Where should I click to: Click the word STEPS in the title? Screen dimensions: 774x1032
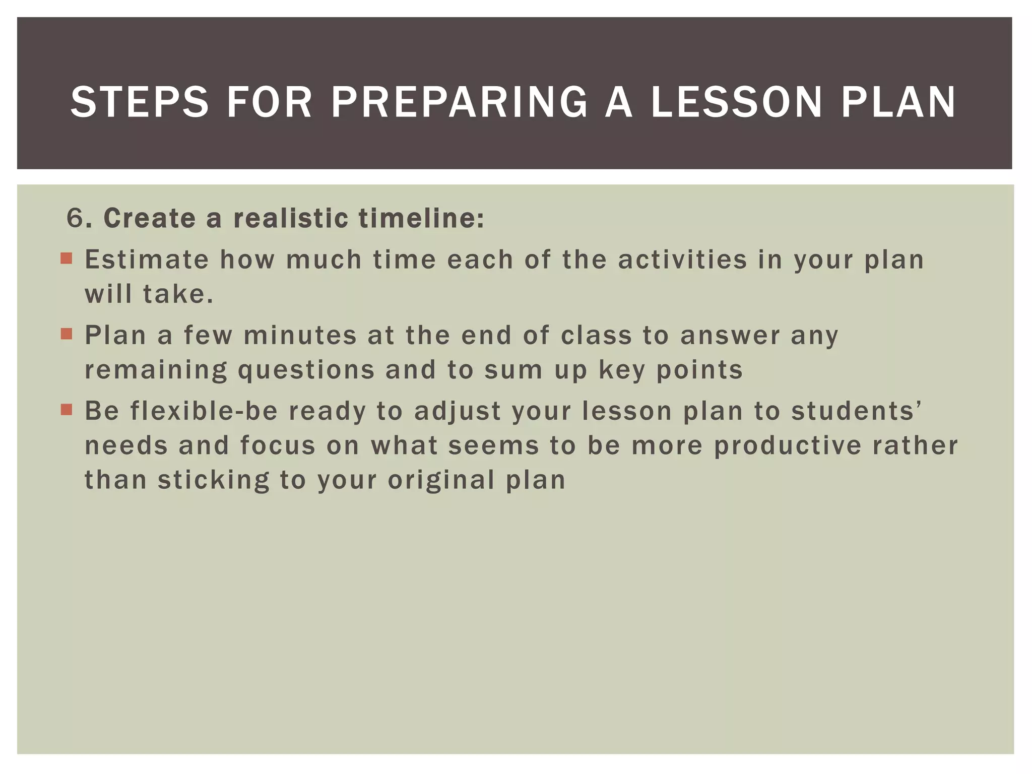pos(140,102)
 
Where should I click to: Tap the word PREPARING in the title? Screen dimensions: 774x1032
pos(459,102)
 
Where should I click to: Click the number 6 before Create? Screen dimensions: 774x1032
pos(75,219)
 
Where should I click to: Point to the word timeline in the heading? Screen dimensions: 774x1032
pos(421,219)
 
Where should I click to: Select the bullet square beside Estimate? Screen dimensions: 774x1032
pos(66,259)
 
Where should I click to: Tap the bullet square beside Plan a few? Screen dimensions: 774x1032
pos(66,334)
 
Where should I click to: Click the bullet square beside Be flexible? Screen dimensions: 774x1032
pos(66,409)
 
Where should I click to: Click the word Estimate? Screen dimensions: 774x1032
pos(147,260)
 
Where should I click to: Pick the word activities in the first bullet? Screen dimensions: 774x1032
pos(682,260)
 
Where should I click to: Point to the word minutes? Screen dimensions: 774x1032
pos(300,336)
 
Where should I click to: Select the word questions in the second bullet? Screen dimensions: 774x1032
pos(306,370)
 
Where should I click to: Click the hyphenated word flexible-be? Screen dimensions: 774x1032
pos(204,411)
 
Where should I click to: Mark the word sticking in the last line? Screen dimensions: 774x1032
pos(214,480)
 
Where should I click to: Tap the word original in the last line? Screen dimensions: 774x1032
pos(441,480)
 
